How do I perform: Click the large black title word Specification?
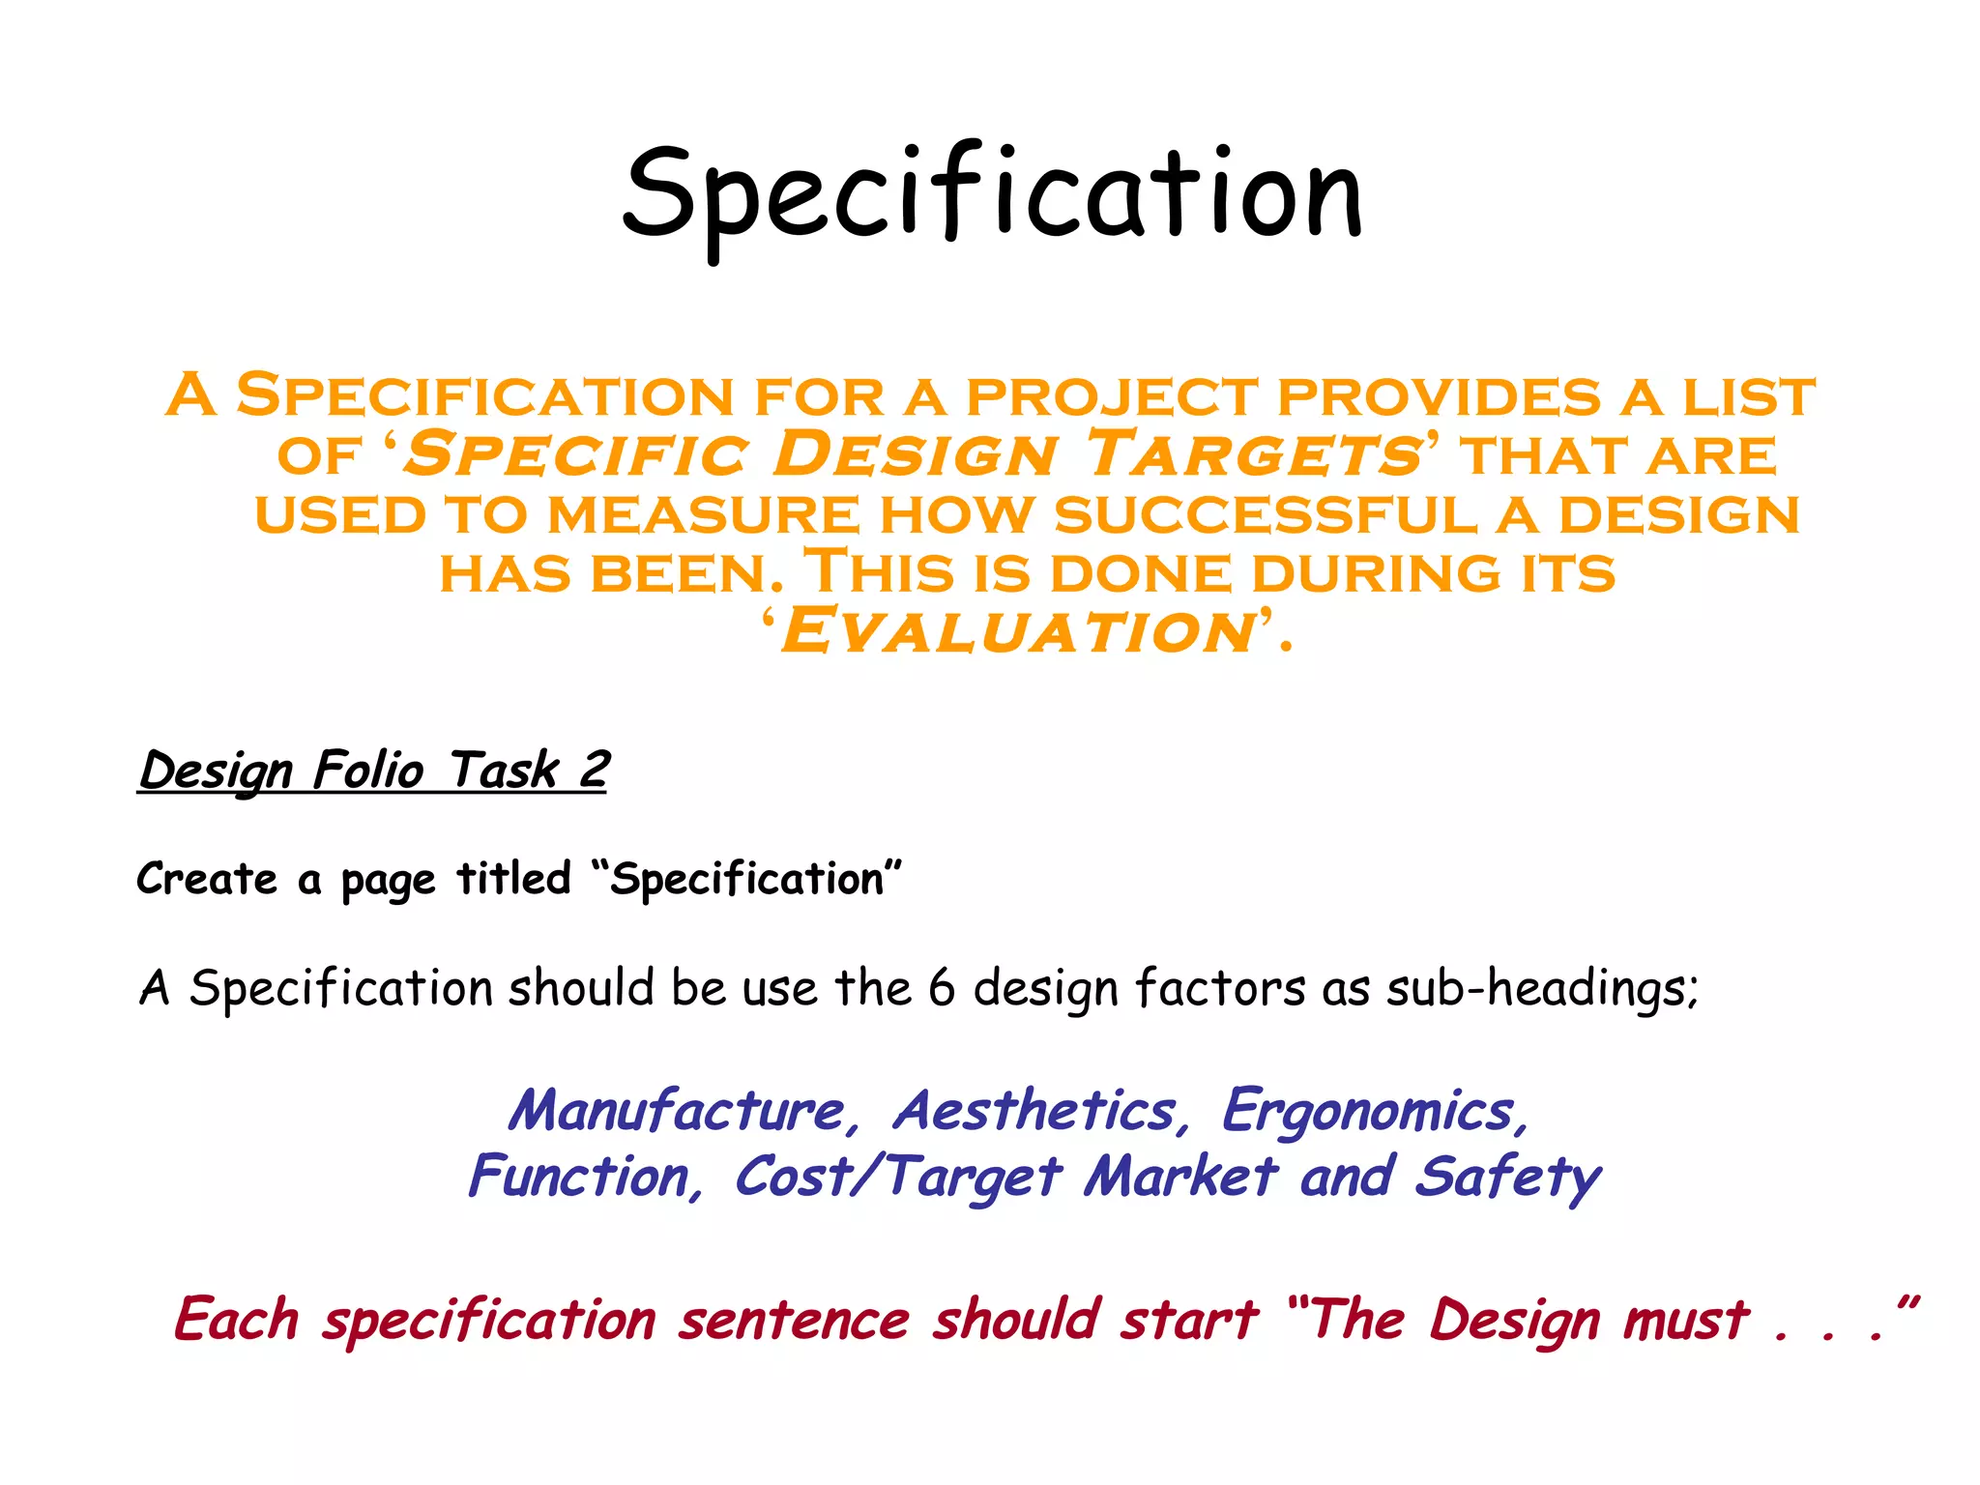point(992,193)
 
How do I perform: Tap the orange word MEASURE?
point(703,514)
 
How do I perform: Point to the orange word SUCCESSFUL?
point(1266,514)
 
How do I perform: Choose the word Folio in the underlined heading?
point(368,771)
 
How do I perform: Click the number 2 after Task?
point(594,771)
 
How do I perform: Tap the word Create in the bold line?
point(207,880)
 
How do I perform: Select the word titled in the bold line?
point(513,880)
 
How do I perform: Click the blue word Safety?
point(1507,1178)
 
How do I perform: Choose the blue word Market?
point(1180,1178)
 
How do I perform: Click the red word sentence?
point(794,1321)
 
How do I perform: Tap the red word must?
point(1686,1321)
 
